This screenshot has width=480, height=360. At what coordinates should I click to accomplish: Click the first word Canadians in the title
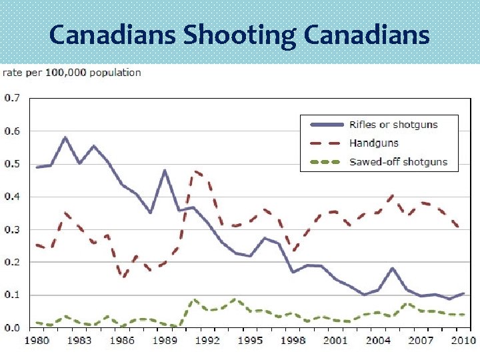click(113, 35)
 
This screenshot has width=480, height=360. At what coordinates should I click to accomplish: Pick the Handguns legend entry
click(373, 143)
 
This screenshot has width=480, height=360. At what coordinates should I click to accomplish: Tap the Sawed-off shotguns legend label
click(398, 161)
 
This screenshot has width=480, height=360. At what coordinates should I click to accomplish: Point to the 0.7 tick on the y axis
click(13, 98)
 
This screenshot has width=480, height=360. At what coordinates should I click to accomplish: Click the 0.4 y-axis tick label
click(13, 197)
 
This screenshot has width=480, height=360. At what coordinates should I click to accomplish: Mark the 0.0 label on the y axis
click(13, 328)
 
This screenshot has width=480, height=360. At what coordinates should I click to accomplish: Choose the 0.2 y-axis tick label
click(13, 262)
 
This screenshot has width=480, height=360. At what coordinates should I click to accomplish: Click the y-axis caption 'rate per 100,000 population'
click(73, 72)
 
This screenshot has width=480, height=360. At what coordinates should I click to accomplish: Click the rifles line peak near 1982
click(65, 137)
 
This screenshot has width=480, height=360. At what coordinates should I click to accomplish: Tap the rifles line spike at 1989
click(165, 171)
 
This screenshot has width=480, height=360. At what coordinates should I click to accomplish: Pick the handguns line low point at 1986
click(123, 277)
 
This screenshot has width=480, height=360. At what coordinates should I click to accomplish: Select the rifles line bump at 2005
click(393, 269)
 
